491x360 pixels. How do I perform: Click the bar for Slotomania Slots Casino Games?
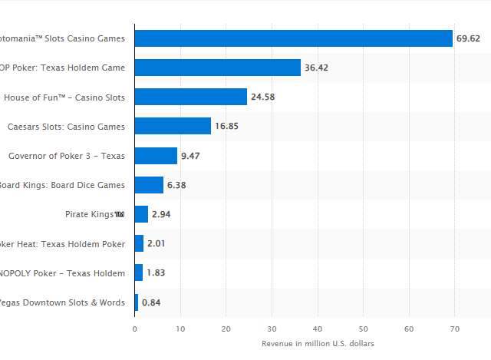click(294, 38)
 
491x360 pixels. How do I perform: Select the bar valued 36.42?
click(218, 68)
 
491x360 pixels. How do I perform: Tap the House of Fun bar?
click(191, 97)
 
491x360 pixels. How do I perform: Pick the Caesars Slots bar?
click(173, 126)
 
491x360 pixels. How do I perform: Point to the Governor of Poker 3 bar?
click(157, 156)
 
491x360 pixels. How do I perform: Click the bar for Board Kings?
click(150, 185)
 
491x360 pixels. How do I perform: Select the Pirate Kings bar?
click(142, 214)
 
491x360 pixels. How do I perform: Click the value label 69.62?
click(469, 38)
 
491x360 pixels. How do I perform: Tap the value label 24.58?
click(264, 97)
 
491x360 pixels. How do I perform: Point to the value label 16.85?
click(227, 126)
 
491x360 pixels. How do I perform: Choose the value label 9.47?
click(190, 156)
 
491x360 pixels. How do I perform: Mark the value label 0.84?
click(152, 302)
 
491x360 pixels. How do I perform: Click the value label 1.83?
click(156, 273)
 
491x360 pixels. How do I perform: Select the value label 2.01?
click(157, 243)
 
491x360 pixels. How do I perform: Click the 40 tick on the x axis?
click(318, 329)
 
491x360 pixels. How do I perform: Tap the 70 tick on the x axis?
click(454, 329)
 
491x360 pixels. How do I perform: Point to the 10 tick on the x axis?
click(180, 329)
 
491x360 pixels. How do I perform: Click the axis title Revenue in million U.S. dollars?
click(318, 343)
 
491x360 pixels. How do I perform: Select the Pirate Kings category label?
click(91, 214)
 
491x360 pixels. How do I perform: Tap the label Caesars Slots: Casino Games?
click(66, 126)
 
